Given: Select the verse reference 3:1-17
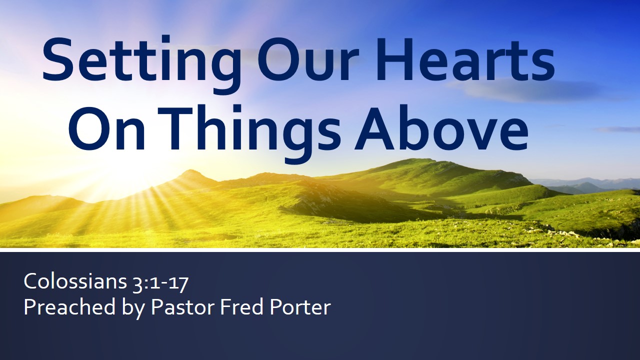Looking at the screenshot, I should pos(160,283).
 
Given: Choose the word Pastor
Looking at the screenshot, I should pos(182,307).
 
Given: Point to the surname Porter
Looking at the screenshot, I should pos(300,307).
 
